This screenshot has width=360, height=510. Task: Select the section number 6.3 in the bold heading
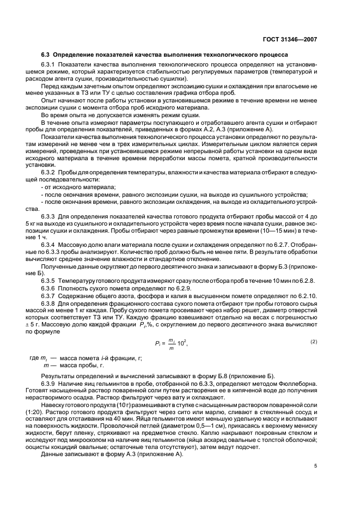point(46,55)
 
